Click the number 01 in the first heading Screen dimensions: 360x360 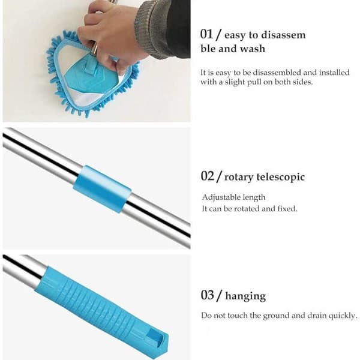(206, 34)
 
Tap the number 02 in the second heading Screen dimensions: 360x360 (208, 176)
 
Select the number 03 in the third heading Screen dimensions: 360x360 (208, 295)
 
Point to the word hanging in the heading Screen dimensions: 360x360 (245, 296)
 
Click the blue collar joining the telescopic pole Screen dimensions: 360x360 (102, 189)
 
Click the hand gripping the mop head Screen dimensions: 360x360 (110, 34)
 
